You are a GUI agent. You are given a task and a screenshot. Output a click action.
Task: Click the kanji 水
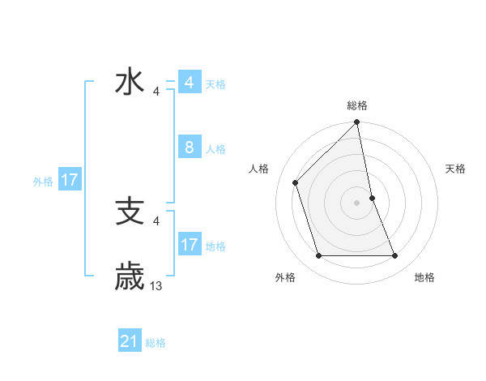click(130, 83)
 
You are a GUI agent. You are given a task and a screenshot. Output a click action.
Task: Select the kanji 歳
click(130, 276)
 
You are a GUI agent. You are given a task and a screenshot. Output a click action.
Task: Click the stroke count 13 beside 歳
click(156, 286)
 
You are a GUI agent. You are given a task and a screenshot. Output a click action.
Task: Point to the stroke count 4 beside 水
click(156, 92)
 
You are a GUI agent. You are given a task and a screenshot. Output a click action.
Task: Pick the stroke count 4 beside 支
click(156, 220)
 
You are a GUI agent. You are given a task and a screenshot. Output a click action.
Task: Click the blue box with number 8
click(189, 148)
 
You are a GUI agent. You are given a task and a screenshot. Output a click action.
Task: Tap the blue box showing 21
click(129, 342)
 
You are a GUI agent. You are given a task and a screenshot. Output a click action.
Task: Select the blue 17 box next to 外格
click(70, 180)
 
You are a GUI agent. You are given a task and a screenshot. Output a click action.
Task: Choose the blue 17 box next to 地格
click(189, 244)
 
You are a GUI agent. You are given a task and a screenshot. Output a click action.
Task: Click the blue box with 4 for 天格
click(189, 83)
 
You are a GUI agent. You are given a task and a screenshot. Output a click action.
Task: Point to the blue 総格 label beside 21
click(156, 343)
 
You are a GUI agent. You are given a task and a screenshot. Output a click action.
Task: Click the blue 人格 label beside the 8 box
click(215, 149)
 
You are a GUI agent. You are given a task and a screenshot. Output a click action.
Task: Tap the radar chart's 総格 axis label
click(357, 105)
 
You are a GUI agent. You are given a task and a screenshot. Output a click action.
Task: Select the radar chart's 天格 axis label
click(455, 169)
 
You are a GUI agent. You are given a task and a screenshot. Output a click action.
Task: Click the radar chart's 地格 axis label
click(424, 277)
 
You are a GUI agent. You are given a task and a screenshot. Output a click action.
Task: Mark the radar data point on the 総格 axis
click(357, 123)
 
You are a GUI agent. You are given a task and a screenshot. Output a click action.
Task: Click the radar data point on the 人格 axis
click(296, 182)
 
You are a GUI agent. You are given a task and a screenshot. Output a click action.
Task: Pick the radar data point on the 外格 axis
click(319, 256)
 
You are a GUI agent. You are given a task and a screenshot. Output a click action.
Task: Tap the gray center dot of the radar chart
click(357, 202)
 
